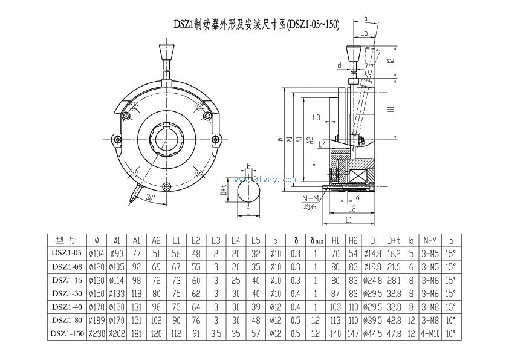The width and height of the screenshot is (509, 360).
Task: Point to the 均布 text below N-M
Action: (x=310, y=207)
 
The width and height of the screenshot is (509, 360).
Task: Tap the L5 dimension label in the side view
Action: (x=363, y=32)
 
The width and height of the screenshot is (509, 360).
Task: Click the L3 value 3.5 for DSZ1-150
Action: (x=216, y=333)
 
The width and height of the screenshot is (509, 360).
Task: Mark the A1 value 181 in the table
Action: (x=137, y=333)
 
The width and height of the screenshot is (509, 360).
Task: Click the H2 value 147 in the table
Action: (x=354, y=333)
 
